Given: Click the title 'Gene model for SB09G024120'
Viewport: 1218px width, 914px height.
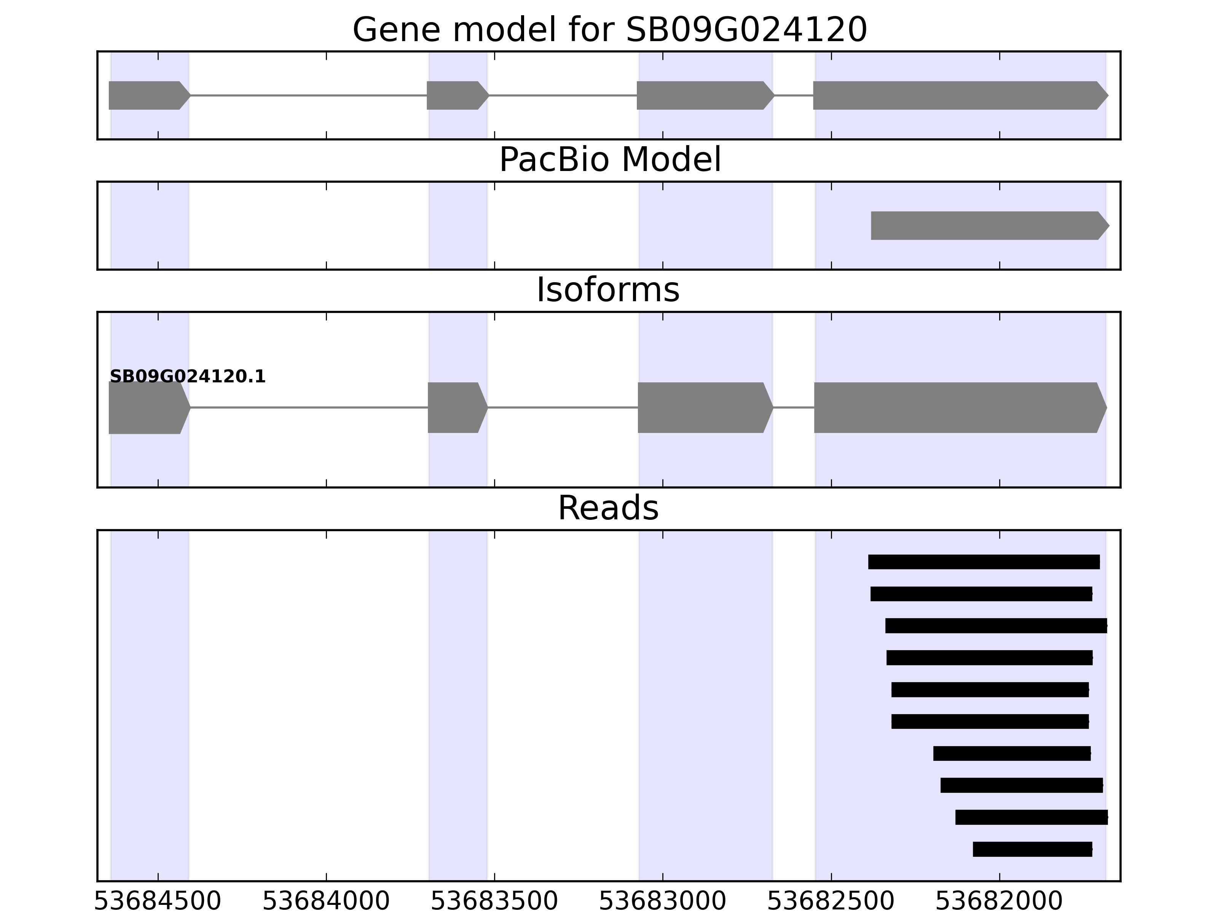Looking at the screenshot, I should coord(609,30).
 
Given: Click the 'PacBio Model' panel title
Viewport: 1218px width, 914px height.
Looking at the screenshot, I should coord(609,160).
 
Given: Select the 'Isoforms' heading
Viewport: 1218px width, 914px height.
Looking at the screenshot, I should coord(608,290).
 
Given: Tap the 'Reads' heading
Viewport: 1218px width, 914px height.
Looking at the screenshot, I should coord(608,508).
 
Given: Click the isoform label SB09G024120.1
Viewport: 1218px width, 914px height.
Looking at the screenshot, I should coord(188,377).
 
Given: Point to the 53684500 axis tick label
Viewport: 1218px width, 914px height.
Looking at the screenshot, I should coord(158,901).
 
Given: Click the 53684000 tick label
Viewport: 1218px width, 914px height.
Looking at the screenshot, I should coord(326,901).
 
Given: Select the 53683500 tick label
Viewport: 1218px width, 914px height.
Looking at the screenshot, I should coord(494,901).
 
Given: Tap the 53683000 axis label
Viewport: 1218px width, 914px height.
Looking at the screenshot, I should coord(662,901).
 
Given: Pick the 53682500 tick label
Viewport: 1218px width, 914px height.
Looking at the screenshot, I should coord(831,901).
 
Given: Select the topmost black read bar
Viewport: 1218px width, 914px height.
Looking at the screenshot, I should coord(984,562).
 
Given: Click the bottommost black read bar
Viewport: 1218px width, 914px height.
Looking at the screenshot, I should coord(1032,849).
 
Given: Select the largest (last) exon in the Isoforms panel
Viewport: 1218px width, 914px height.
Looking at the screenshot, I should coord(958,408).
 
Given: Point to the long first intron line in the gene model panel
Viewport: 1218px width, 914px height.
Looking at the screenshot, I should coord(308,95).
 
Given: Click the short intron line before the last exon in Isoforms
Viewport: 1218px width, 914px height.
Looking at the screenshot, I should coord(794,408).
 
